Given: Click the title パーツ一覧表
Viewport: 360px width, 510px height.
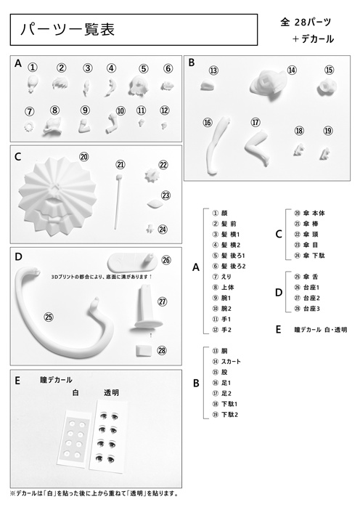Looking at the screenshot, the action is click(x=67, y=29).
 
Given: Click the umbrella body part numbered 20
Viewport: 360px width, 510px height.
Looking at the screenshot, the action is click(x=57, y=197).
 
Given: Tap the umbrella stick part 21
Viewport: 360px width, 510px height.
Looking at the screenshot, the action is click(x=118, y=202).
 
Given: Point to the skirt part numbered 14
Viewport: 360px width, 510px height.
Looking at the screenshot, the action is click(x=269, y=84).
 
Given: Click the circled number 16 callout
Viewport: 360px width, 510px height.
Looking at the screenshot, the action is click(x=208, y=122).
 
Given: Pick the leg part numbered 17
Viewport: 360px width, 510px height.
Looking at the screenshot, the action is click(x=258, y=148).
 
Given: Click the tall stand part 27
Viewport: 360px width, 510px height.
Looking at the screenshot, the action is click(x=147, y=307).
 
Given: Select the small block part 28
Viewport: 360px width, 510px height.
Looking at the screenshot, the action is click(x=143, y=351).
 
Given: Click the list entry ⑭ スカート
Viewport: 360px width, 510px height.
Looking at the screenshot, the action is click(x=226, y=362).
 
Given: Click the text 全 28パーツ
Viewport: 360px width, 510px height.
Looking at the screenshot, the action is click(x=306, y=22).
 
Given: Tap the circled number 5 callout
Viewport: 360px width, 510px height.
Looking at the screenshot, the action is click(x=143, y=68).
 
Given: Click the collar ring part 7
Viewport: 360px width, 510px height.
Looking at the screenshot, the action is click(x=29, y=126).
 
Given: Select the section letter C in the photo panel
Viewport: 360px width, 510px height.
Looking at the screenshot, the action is click(x=18, y=157).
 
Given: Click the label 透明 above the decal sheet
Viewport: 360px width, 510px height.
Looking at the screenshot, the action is click(x=112, y=393).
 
